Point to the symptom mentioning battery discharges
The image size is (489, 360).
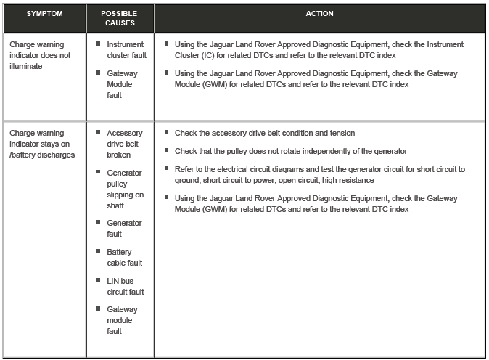tap(41, 144)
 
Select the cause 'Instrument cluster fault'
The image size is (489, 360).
tap(126, 50)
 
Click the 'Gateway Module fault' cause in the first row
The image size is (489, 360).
tap(122, 84)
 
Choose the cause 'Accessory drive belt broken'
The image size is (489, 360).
tap(124, 144)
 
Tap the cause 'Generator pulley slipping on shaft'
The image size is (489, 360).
tap(125, 189)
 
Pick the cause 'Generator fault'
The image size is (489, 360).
tap(124, 229)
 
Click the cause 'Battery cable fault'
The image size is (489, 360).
tap(124, 258)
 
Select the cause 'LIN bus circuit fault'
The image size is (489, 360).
tap(125, 286)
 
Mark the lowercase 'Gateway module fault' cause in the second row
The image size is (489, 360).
tap(122, 320)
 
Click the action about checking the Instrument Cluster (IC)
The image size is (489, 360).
tap(319, 50)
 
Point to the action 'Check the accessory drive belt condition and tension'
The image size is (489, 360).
tap(265, 134)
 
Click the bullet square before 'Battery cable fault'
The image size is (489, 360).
tap(98, 252)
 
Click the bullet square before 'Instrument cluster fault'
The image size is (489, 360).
tap(98, 44)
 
